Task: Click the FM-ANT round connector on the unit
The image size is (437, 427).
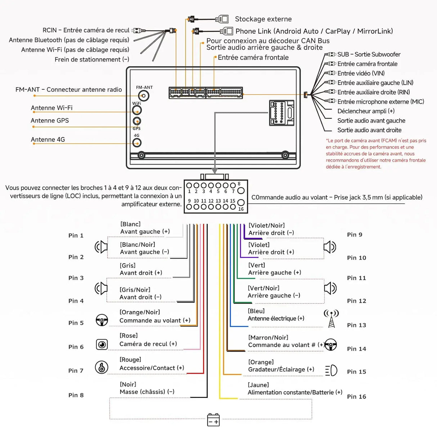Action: pyautogui.click(x=144, y=96)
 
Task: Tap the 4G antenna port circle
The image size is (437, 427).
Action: pyautogui.click(x=137, y=143)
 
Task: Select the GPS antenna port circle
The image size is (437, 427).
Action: pyautogui.click(x=137, y=121)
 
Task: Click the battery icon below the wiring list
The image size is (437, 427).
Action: pyautogui.click(x=213, y=420)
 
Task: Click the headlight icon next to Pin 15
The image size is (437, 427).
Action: pyautogui.click(x=331, y=370)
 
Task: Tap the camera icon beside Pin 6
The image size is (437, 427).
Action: pyautogui.click(x=102, y=344)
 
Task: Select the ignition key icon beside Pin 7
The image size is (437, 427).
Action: pyautogui.click(x=102, y=367)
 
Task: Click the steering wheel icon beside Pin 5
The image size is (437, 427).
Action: pyautogui.click(x=102, y=320)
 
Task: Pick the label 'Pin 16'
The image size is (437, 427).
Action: pyautogui.click(x=356, y=397)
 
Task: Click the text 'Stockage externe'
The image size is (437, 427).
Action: pyautogui.click(x=263, y=19)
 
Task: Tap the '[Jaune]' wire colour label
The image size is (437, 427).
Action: pyautogui.click(x=258, y=385)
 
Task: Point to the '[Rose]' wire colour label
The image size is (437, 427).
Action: pyautogui.click(x=129, y=336)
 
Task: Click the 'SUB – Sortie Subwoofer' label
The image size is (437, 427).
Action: pyautogui.click(x=369, y=55)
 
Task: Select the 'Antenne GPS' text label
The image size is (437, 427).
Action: pyautogui.click(x=50, y=121)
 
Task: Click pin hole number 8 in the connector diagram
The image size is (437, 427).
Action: pyautogui.click(x=241, y=191)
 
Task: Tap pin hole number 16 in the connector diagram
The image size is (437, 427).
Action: pyautogui.click(x=241, y=203)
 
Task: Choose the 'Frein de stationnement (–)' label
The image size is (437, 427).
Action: pyautogui.click(x=92, y=59)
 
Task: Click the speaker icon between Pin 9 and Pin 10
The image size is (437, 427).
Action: pyautogui.click(x=330, y=247)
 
